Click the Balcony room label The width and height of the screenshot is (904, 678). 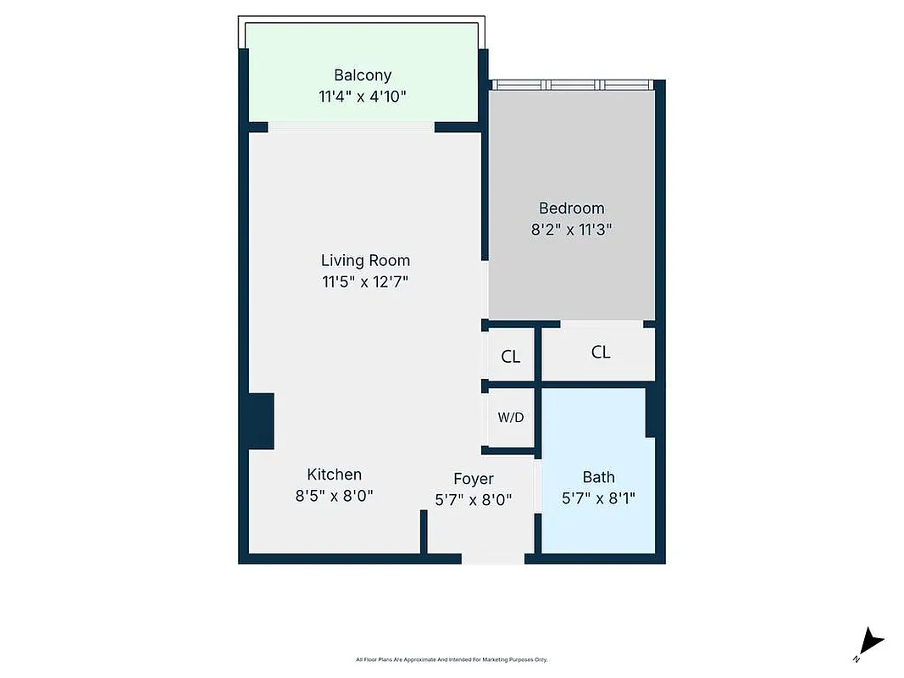362,75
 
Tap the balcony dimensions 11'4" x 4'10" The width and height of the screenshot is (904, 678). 362,96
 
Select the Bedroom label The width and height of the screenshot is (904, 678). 572,208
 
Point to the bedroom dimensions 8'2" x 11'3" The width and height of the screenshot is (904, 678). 572,229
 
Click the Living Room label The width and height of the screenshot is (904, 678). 365,260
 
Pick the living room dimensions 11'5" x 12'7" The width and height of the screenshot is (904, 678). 365,281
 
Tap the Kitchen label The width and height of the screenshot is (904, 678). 334,475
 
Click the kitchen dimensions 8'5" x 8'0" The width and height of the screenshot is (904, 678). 334,496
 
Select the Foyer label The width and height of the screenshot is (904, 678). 473,479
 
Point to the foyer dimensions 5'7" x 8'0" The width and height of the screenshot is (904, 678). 473,500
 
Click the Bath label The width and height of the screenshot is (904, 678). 598,477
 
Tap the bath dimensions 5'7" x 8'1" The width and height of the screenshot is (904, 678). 598,498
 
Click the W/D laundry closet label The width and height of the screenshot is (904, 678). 510,417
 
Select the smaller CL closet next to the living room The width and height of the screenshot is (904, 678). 510,357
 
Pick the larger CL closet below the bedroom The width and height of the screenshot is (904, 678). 600,352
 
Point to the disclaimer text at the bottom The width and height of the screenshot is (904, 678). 452,659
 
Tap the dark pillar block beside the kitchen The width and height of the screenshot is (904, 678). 261,421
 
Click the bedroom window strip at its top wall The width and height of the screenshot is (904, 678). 574,85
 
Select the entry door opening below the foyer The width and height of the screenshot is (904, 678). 492,559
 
